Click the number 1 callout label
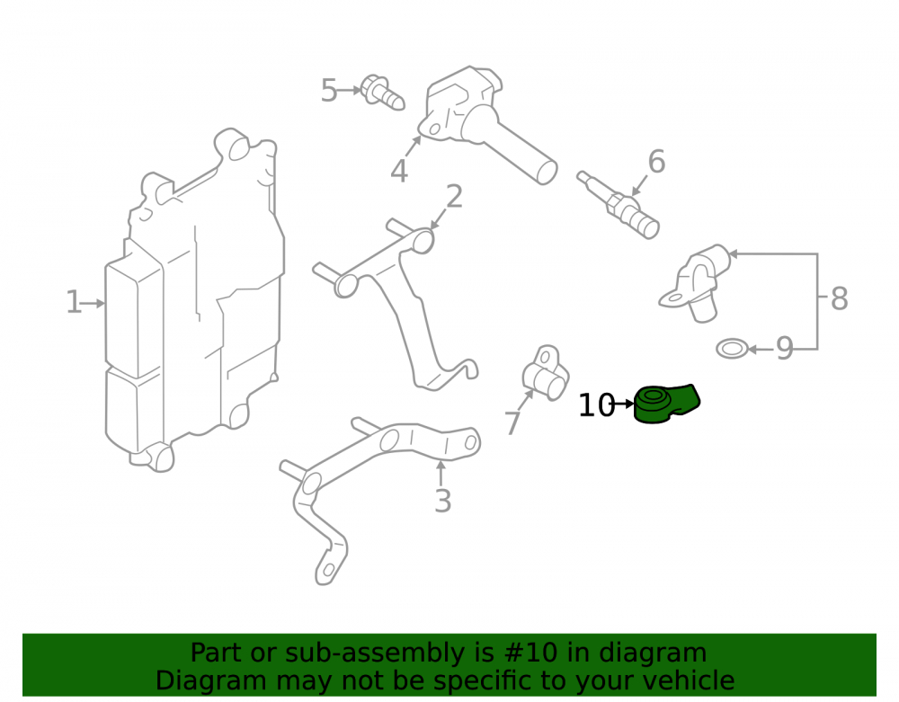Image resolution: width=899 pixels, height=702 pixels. pyautogui.click(x=74, y=302)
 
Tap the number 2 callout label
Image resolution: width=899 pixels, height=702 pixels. pyautogui.click(x=454, y=197)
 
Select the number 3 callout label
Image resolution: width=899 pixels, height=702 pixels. pyautogui.click(x=442, y=501)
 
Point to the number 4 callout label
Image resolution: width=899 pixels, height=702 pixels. pyautogui.click(x=399, y=171)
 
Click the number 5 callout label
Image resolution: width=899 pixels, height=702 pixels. pyautogui.click(x=328, y=91)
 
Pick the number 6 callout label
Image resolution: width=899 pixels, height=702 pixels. pyautogui.click(x=656, y=161)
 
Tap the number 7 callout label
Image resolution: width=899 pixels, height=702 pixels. pyautogui.click(x=513, y=423)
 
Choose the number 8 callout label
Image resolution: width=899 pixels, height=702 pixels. pyautogui.click(x=840, y=298)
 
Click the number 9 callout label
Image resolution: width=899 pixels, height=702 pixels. pyautogui.click(x=784, y=348)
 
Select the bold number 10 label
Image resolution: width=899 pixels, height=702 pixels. pyautogui.click(x=597, y=405)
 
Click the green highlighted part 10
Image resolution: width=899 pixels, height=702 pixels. pyautogui.click(x=665, y=404)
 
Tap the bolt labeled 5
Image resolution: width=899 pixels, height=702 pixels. pyautogui.click(x=383, y=93)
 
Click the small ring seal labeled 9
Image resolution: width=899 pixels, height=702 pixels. pyautogui.click(x=732, y=348)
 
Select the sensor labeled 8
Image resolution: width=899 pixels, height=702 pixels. pyautogui.click(x=695, y=282)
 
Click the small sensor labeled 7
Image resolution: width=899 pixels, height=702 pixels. pyautogui.click(x=546, y=373)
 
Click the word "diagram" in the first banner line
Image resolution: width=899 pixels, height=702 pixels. pyautogui.click(x=653, y=653)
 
